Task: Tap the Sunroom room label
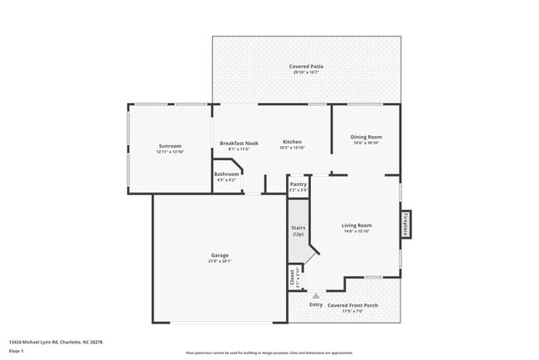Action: pyautogui.click(x=168, y=146)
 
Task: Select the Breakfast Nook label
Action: pyautogui.click(x=239, y=143)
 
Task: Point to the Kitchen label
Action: pyautogui.click(x=292, y=143)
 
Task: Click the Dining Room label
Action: pyautogui.click(x=366, y=138)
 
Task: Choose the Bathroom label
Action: pyautogui.click(x=226, y=174)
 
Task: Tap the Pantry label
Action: pyautogui.click(x=299, y=185)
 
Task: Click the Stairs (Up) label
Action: pyautogui.click(x=298, y=231)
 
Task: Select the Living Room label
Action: pyautogui.click(x=357, y=225)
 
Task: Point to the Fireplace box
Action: pyautogui.click(x=405, y=226)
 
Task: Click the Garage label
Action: pyautogui.click(x=220, y=255)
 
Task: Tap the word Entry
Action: pyautogui.click(x=316, y=304)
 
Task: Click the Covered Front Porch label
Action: pyautogui.click(x=352, y=304)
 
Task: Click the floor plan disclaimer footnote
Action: pyautogui.click(x=269, y=352)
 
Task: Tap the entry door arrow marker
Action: pyautogui.click(x=316, y=294)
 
